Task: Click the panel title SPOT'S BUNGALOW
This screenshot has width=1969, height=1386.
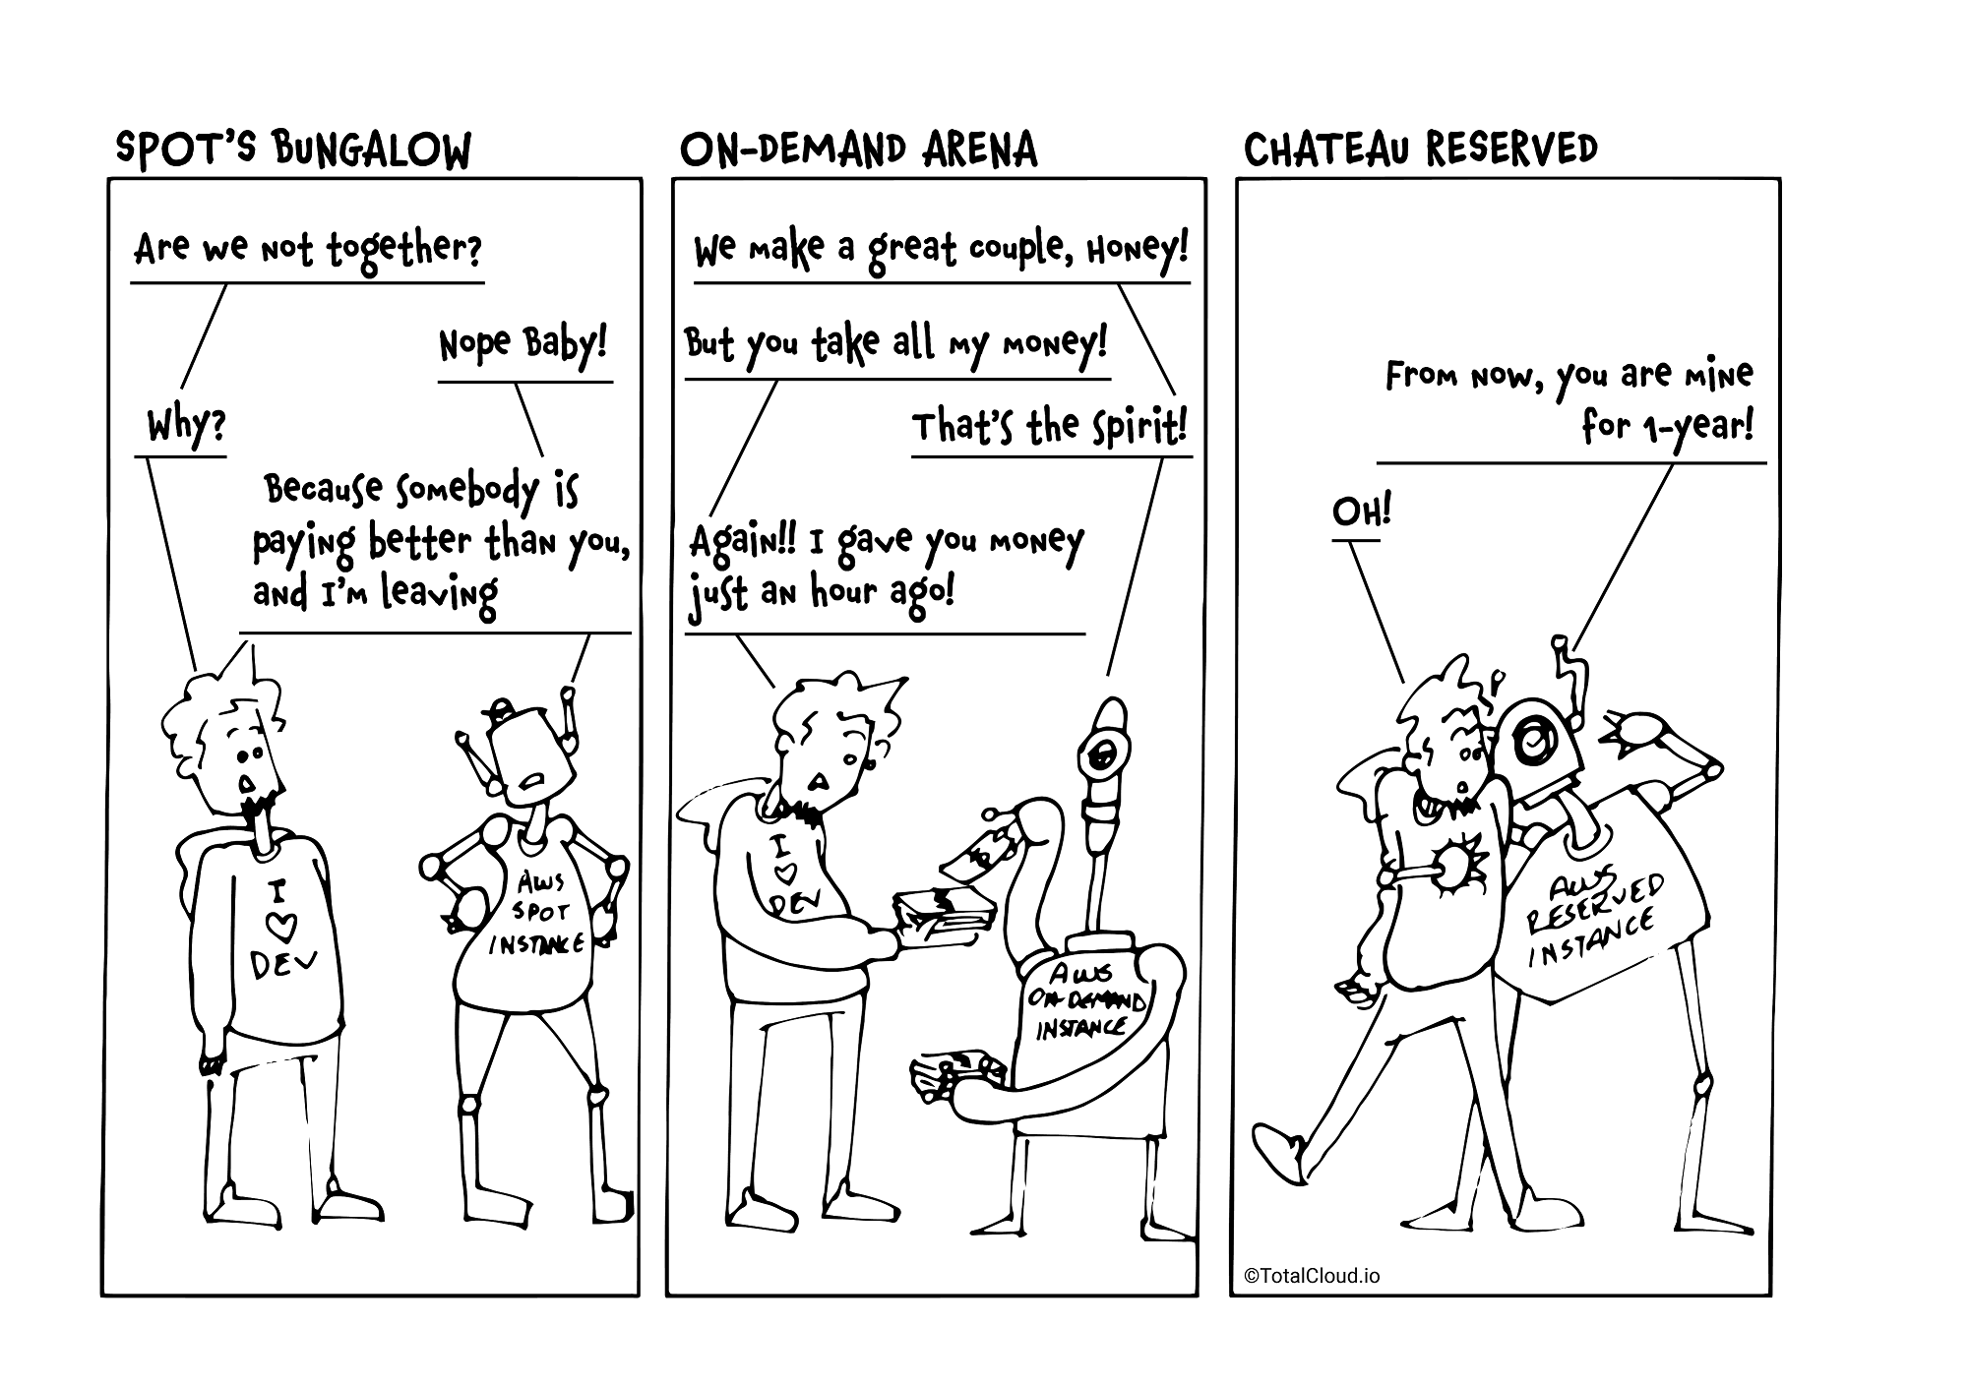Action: coord(293,151)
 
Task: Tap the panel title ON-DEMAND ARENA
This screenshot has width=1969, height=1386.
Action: coord(858,151)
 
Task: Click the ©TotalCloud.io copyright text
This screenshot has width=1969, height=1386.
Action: coord(1312,1276)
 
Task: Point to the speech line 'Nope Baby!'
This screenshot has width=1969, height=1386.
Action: coord(523,344)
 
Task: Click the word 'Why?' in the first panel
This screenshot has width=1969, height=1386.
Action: coord(186,428)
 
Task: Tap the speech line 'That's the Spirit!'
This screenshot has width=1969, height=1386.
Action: coord(1049,428)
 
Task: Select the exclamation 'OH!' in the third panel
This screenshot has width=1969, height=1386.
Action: coord(1361,512)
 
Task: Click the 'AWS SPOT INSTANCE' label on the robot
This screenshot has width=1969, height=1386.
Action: coord(537,914)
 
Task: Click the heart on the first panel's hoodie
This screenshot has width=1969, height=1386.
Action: coord(280,926)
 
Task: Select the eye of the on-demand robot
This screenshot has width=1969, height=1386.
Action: coord(1100,755)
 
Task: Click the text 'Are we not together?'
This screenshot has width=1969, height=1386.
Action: coord(307,249)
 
